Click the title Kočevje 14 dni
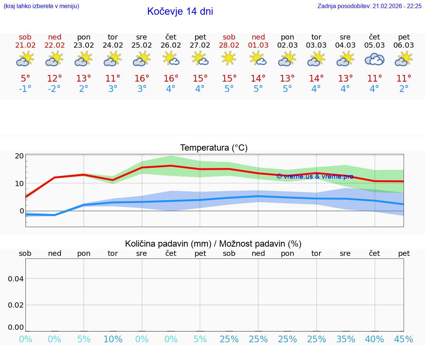[180, 11]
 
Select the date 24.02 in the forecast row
[113, 45]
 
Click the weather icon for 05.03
[374, 59]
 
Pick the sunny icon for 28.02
[229, 58]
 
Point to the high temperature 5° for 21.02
[25, 79]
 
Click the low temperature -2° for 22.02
[54, 89]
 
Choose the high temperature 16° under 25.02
[142, 79]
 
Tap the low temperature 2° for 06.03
[404, 89]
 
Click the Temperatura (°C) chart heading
[214, 148]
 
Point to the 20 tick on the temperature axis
[19, 156]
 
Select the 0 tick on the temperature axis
[21, 211]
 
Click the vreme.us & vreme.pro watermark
[315, 176]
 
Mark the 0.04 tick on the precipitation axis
[16, 278]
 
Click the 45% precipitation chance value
[404, 339]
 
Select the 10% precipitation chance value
[113, 339]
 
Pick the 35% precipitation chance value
[345, 339]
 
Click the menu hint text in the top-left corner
[41, 6]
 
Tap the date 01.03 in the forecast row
[258, 45]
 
